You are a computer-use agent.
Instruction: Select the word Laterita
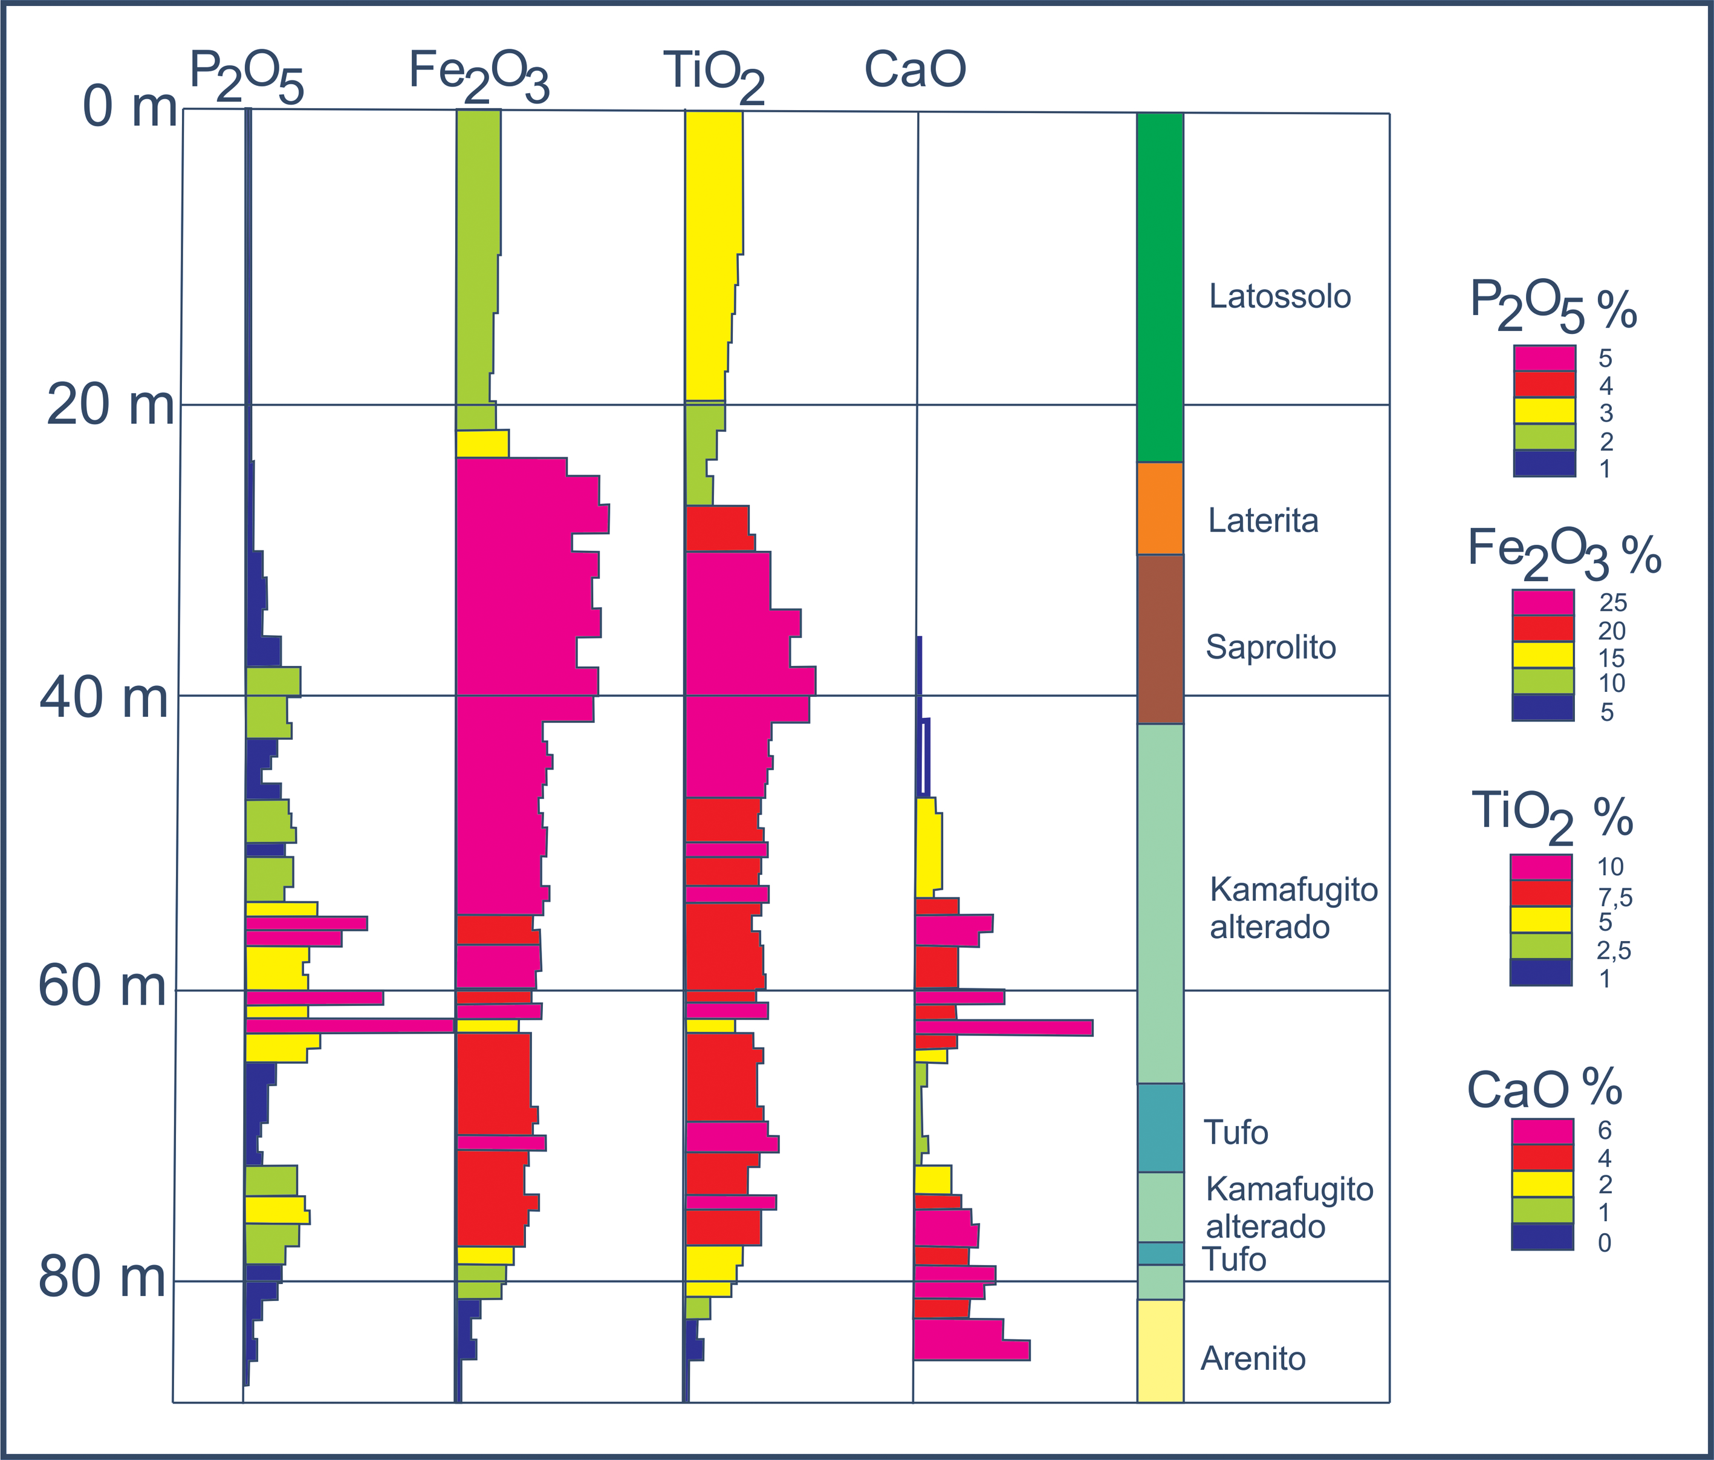pos(1263,521)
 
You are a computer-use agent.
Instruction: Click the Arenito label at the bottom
pos(1253,1359)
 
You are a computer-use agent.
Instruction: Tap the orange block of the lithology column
pos(1160,508)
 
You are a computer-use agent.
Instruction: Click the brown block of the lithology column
pos(1160,639)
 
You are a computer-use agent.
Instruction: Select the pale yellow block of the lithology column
pos(1160,1350)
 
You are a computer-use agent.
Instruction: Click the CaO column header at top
pos(915,70)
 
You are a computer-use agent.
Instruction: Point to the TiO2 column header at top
pos(713,74)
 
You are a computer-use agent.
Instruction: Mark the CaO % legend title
pos(1544,1089)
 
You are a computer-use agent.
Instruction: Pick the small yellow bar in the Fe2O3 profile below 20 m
pos(482,444)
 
